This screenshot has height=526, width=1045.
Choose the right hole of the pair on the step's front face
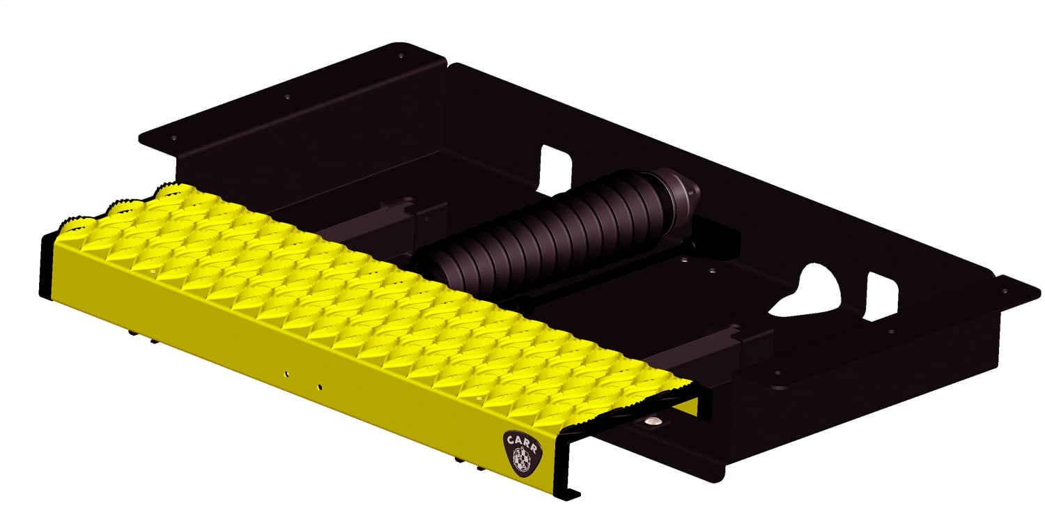[x=319, y=385]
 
